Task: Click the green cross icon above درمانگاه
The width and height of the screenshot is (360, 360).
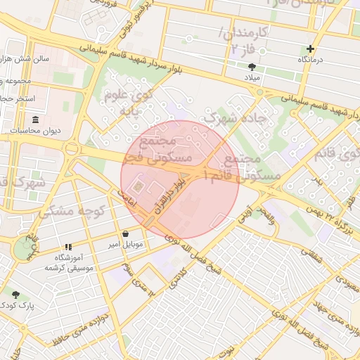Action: coord(310,49)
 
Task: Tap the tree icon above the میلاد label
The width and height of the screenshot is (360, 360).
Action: coord(252,67)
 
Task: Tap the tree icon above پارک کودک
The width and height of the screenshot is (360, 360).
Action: coord(15,295)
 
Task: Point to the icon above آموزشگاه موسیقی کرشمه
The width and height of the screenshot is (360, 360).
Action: coord(68,247)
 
